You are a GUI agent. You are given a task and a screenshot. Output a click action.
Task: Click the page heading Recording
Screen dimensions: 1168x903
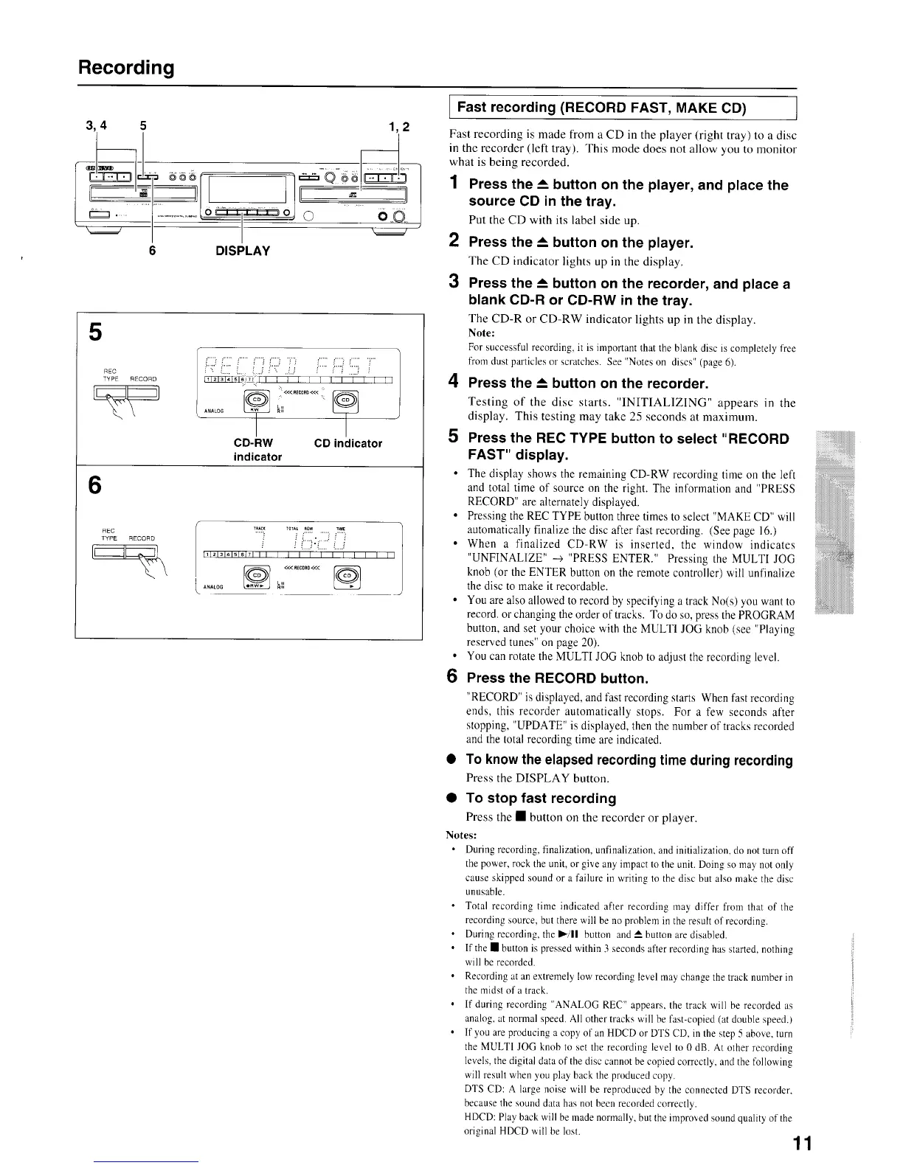pos(126,68)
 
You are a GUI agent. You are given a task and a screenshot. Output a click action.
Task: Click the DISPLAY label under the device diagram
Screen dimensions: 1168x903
pos(242,251)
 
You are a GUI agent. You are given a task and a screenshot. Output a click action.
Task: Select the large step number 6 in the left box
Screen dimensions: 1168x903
pos(95,485)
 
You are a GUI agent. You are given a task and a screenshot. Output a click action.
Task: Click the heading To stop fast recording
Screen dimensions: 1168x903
pos(541,798)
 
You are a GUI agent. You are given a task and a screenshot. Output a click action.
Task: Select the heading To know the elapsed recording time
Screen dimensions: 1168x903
pos(629,760)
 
